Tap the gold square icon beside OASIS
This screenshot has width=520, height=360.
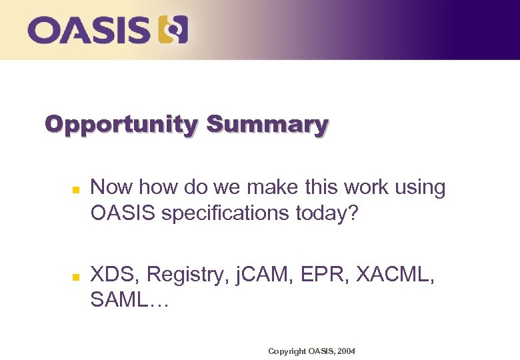(x=173, y=31)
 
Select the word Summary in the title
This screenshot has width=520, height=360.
(x=267, y=125)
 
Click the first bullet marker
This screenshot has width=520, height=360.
(x=76, y=190)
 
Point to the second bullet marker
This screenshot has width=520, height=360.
(x=76, y=275)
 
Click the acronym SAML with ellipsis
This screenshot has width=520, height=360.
(x=130, y=301)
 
